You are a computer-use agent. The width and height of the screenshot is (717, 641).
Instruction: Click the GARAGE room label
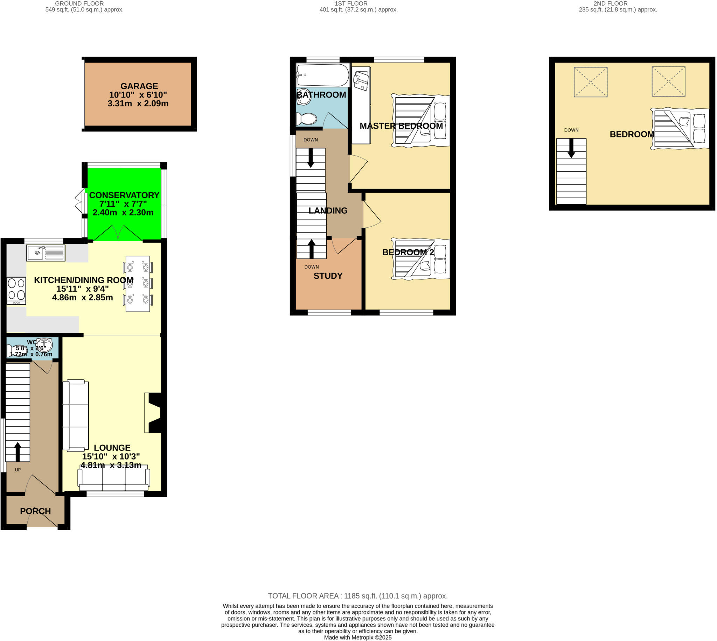tap(139, 86)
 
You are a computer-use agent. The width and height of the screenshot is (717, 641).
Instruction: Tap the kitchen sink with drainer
tap(46, 252)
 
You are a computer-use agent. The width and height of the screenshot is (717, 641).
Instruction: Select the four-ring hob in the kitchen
tap(16, 291)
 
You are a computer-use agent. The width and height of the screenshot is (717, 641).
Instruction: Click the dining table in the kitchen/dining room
tap(138, 284)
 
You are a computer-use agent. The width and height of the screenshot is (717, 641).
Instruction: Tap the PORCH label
tap(35, 511)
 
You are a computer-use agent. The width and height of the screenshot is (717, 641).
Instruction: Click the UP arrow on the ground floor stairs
tap(18, 451)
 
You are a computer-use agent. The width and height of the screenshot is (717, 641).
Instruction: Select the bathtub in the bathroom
tap(322, 75)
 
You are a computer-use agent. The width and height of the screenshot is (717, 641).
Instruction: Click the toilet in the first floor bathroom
tap(306, 119)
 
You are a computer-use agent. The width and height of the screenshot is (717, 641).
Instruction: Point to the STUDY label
tap(328, 276)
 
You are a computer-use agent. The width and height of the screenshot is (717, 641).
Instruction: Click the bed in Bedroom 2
tap(420, 259)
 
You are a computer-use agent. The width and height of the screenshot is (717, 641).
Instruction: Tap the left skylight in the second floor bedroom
tap(590, 82)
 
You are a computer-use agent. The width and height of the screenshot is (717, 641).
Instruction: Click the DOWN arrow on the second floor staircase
tap(571, 148)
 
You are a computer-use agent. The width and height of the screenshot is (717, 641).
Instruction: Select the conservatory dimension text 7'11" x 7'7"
tap(123, 204)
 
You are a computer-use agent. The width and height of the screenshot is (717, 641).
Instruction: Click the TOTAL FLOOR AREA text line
tap(357, 596)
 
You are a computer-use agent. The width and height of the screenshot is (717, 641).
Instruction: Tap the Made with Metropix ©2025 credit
tap(357, 637)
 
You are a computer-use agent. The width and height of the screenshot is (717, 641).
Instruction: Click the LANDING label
tap(328, 211)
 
